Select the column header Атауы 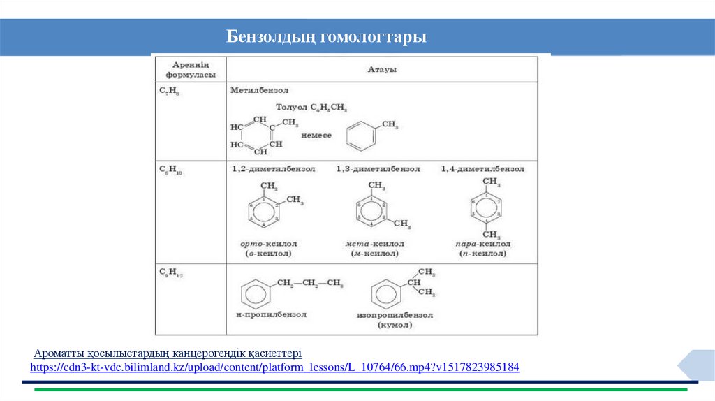(x=382, y=69)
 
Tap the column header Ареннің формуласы (x=190, y=69)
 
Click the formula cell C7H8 (x=169, y=91)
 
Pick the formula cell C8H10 (x=170, y=169)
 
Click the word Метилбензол (x=259, y=91)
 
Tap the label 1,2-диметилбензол (x=274, y=169)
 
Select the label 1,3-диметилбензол (x=378, y=169)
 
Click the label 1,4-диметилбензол (x=482, y=169)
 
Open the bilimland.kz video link (x=274, y=367)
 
